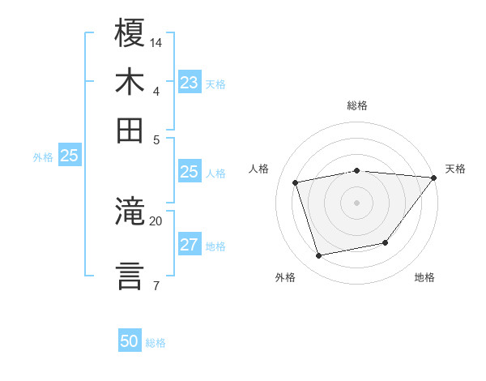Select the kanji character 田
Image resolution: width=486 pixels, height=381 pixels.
(130, 129)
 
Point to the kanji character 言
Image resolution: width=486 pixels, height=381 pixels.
(130, 275)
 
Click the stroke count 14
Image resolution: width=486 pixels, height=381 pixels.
(156, 42)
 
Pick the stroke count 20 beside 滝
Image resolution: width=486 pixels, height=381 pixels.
(156, 220)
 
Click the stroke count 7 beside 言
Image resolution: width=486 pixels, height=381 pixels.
(156, 285)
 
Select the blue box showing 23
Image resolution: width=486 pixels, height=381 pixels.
(189, 83)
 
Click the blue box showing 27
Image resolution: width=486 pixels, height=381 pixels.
(189, 246)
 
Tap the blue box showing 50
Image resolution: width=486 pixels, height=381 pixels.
(130, 342)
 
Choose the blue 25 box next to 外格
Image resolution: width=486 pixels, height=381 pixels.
(69, 156)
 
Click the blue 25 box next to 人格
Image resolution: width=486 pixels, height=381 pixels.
(189, 172)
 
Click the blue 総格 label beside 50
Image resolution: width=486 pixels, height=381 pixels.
(156, 343)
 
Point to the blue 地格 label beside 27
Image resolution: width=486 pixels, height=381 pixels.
(215, 246)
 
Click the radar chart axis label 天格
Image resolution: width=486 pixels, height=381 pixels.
(455, 169)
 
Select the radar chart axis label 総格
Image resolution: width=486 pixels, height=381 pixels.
(357, 106)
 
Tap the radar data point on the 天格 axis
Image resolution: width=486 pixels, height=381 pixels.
(434, 178)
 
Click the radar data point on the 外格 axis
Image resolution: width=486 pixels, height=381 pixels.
(319, 256)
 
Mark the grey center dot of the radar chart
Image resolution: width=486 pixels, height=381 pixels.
(357, 203)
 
